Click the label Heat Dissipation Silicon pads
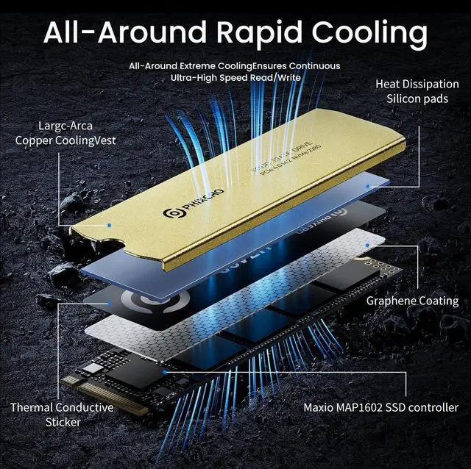coord(417,92)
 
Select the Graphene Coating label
coord(412,301)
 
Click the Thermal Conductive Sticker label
coord(63,415)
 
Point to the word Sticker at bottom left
coord(63,422)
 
